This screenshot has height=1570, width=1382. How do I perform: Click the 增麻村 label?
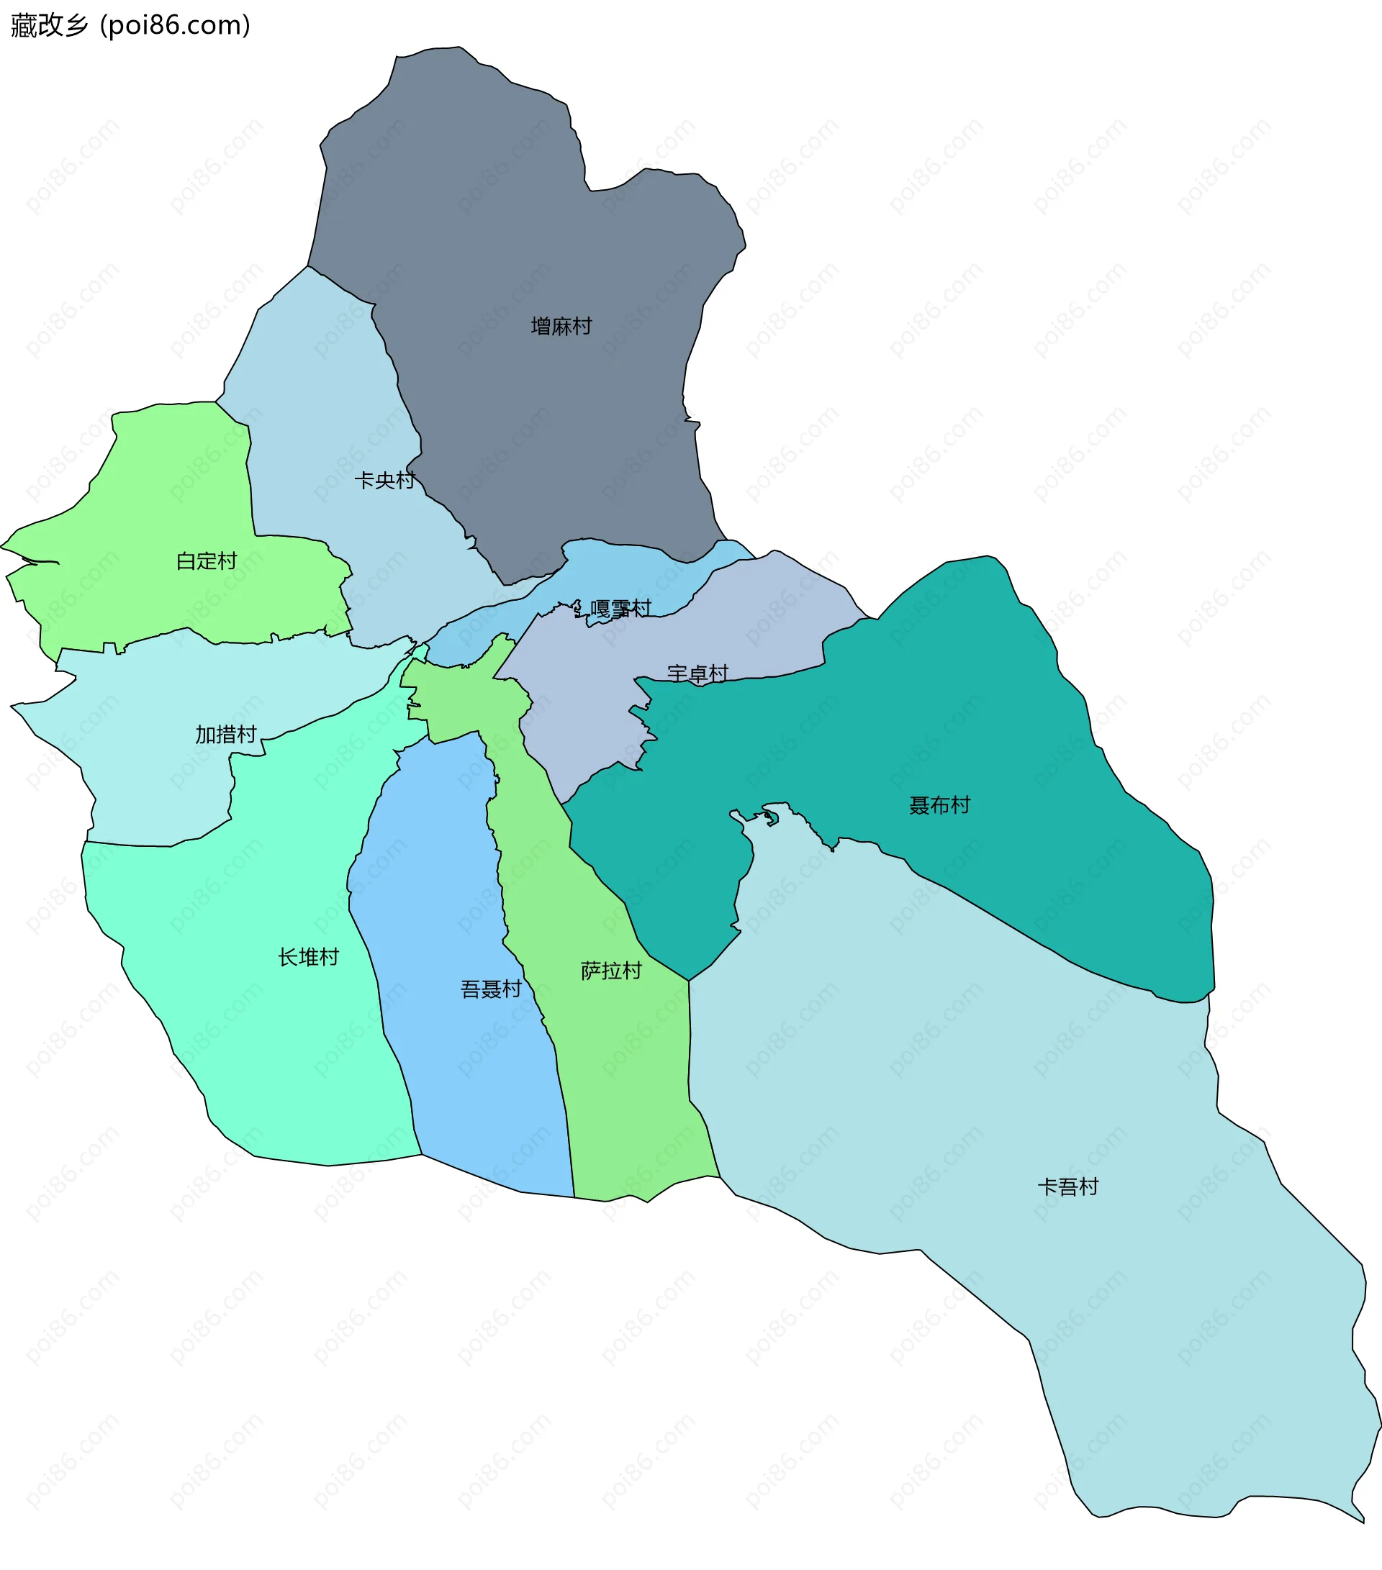561,327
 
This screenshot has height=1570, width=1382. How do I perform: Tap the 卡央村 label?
384,480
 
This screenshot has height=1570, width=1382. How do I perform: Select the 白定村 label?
206,561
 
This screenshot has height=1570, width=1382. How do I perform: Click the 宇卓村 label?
697,673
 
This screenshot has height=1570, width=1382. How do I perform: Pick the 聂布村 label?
939,805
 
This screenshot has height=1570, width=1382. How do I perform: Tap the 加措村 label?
225,735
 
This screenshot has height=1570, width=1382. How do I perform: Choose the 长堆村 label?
308,957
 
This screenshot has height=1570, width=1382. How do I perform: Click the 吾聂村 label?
491,989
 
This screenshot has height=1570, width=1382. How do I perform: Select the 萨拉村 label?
610,971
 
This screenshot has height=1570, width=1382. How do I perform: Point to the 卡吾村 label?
1067,1186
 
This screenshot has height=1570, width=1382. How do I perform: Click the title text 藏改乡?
49,25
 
